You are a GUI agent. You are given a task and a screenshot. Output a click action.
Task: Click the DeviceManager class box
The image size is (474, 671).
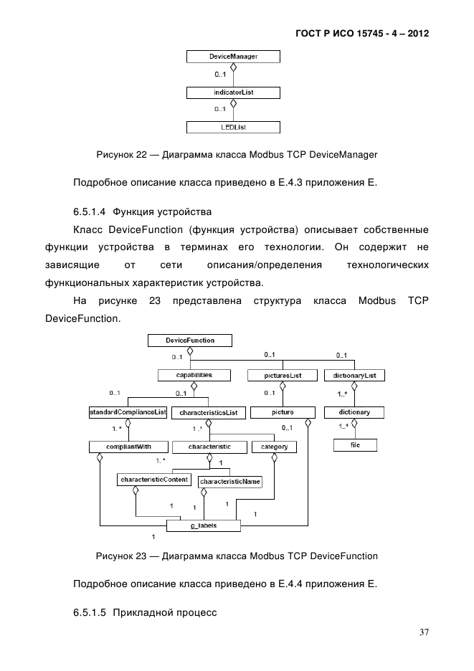click(233, 56)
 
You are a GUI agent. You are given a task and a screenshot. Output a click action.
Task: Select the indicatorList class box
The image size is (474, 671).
click(233, 92)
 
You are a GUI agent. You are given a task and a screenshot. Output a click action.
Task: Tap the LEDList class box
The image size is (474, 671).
click(233, 128)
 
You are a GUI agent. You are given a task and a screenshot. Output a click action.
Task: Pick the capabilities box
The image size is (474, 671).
click(184, 375)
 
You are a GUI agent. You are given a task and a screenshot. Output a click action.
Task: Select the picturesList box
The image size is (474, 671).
click(283, 375)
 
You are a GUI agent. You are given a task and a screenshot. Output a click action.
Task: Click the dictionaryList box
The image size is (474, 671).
click(354, 375)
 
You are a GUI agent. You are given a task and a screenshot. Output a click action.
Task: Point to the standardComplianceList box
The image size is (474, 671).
click(128, 412)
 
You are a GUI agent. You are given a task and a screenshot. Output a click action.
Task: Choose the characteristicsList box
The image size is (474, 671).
click(209, 413)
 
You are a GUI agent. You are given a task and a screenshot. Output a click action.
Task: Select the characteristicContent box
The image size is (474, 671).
click(153, 479)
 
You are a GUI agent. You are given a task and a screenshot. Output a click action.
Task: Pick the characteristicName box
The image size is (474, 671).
click(229, 482)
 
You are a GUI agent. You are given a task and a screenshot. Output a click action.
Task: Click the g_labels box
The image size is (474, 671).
click(204, 525)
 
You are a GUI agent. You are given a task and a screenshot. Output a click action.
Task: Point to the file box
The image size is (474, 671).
click(354, 445)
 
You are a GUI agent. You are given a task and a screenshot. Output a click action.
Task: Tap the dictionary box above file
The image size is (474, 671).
click(354, 412)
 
